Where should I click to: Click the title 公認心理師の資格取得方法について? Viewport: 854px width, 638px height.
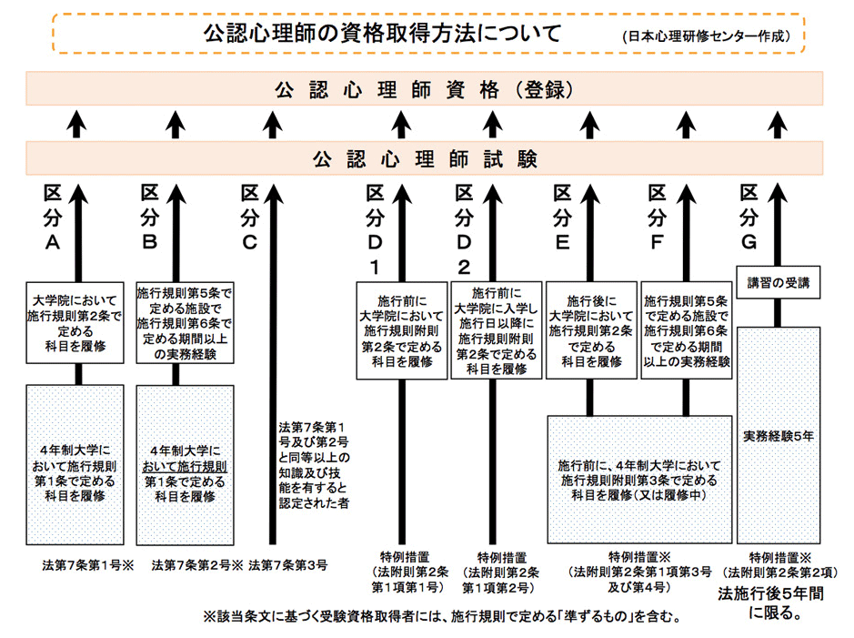coord(381,34)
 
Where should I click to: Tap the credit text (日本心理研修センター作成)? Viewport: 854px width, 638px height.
coord(708,37)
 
